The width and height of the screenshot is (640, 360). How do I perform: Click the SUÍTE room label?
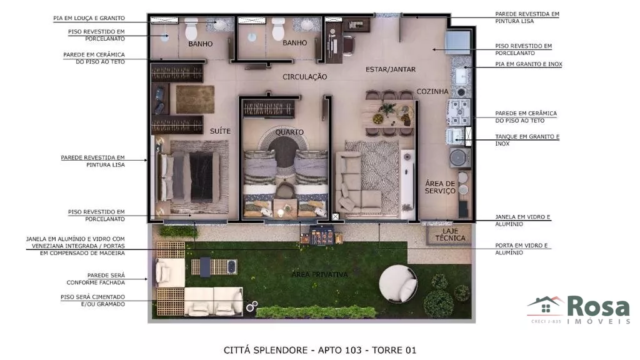220,131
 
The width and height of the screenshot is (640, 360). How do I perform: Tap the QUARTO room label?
289,132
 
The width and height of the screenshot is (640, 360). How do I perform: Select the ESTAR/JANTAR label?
391,69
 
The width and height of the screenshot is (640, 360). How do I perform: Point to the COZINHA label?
432,91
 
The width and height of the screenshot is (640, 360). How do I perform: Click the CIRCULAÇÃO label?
305,76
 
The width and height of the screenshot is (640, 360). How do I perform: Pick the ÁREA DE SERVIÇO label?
440,187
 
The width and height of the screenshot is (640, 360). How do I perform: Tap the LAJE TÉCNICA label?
450,234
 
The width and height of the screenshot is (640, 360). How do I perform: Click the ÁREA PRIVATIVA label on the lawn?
319,275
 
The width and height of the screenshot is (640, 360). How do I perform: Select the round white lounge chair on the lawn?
398,284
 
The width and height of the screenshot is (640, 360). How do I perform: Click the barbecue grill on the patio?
322,236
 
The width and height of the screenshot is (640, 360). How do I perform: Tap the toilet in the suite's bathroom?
191,29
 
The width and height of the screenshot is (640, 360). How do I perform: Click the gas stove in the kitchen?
459,112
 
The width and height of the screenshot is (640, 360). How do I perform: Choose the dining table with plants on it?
390,114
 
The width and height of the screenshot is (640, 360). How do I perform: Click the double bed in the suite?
190,177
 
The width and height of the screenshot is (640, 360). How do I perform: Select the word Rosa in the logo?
598,306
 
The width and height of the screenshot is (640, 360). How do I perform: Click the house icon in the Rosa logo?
546,306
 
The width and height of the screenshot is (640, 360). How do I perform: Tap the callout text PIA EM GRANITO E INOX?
529,64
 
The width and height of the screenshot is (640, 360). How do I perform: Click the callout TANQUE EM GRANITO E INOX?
527,140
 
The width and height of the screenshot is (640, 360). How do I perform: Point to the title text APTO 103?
339,350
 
